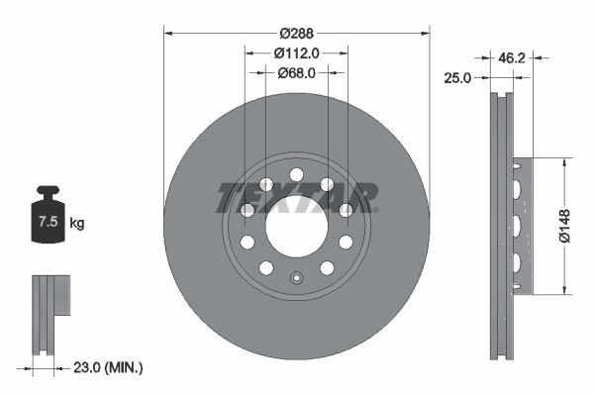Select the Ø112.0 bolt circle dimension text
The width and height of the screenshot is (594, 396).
pos(296,52)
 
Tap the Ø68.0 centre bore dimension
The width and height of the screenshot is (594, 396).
pos(296,71)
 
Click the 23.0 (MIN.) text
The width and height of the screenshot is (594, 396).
pos(109,367)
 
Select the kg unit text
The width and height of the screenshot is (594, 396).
pos(77,224)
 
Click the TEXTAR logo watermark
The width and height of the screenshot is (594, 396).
pos(296,196)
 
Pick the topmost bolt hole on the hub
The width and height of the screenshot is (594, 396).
pos(296,175)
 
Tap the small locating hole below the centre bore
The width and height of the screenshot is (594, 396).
pos(296,278)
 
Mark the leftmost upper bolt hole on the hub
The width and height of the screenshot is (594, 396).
pos(247,210)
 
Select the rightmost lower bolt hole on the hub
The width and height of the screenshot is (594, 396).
pos(346,242)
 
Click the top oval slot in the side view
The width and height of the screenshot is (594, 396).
pos(515,187)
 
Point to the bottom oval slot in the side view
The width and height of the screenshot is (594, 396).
pos(515,262)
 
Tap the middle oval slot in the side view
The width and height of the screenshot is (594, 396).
pos(515,226)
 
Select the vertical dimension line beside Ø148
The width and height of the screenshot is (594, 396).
pos(564,226)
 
